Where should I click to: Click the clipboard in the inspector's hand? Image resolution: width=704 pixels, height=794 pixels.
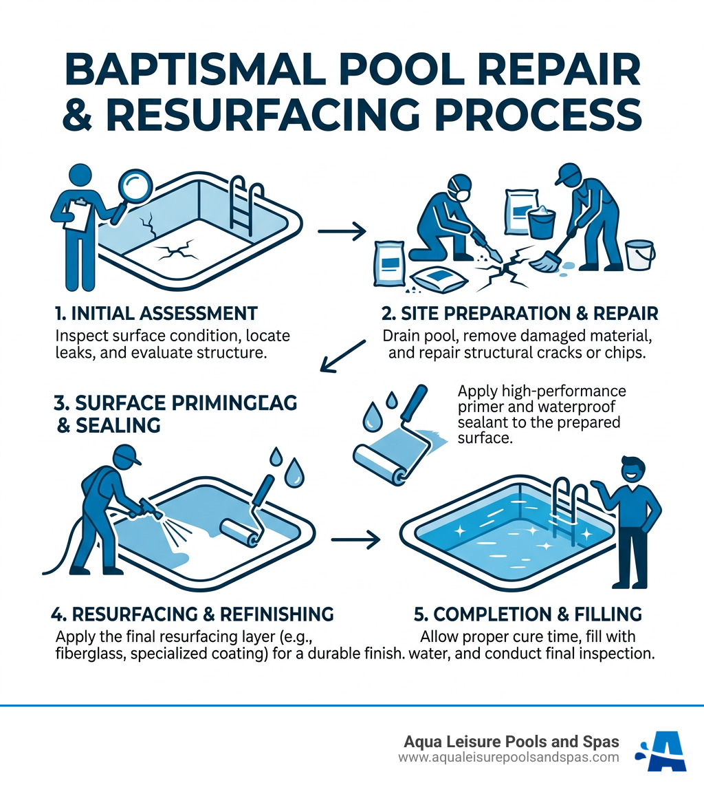coord(78,215)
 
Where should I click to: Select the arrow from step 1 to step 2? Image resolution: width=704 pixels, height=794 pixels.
coord(343,232)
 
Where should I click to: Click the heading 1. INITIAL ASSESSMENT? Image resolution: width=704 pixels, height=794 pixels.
coord(155,314)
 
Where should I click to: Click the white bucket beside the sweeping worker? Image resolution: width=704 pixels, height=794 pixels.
coord(639,255)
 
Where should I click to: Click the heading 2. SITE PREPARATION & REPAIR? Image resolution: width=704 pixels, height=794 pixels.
coord(520,314)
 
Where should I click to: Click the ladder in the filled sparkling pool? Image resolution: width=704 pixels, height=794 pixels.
coord(571,507)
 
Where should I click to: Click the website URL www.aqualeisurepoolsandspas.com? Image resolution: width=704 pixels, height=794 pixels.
coord(509,758)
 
